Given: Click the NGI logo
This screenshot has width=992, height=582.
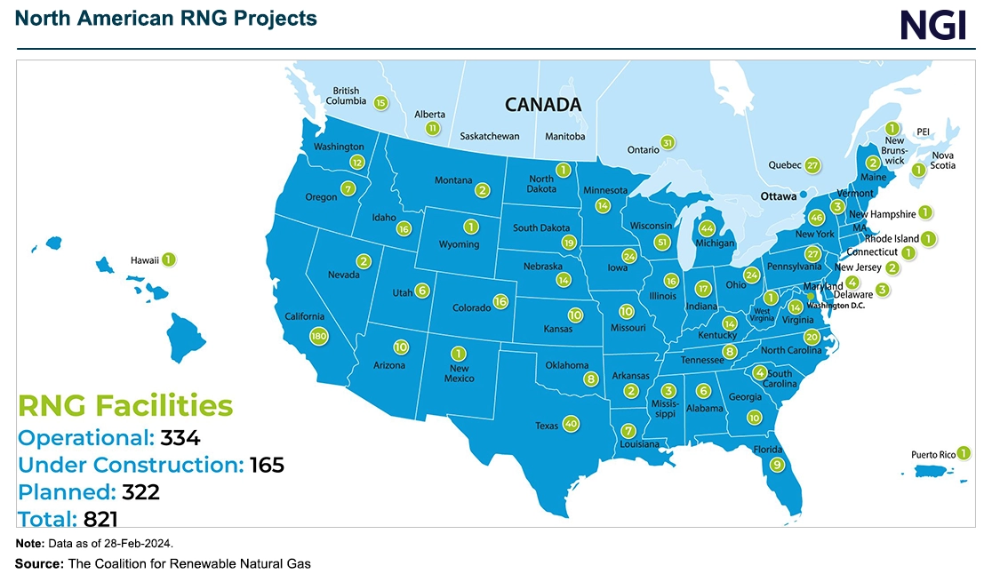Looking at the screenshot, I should (x=932, y=25).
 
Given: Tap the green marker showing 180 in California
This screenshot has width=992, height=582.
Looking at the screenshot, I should (x=319, y=336).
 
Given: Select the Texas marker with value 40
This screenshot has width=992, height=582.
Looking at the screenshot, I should (x=571, y=424).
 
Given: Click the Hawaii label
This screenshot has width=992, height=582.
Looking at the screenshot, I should (x=144, y=260).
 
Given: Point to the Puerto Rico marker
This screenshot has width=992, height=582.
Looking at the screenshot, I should (x=964, y=453).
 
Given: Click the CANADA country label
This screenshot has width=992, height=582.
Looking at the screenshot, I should (x=542, y=105).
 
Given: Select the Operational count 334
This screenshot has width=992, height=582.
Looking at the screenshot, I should (x=180, y=438).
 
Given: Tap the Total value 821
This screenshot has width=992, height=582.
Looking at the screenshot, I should (x=100, y=519).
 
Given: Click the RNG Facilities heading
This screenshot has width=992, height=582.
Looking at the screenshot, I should (x=125, y=406).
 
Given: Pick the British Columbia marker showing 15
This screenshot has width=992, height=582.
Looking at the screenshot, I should (x=380, y=102).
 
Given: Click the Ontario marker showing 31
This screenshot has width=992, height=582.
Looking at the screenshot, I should (x=668, y=142).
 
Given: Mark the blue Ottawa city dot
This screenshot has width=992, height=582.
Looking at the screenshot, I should (x=803, y=194).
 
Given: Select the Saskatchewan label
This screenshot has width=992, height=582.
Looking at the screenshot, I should (x=490, y=137).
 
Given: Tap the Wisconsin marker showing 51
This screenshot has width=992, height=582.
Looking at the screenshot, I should (x=660, y=242).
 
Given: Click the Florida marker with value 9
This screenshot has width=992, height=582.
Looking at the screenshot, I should (x=777, y=465).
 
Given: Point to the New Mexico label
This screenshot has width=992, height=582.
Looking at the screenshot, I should (x=460, y=373).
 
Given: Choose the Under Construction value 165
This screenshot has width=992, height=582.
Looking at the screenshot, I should (x=267, y=465).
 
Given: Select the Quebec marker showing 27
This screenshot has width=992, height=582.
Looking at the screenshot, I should (x=812, y=165).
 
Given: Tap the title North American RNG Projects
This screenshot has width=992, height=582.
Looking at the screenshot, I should (x=165, y=18).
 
